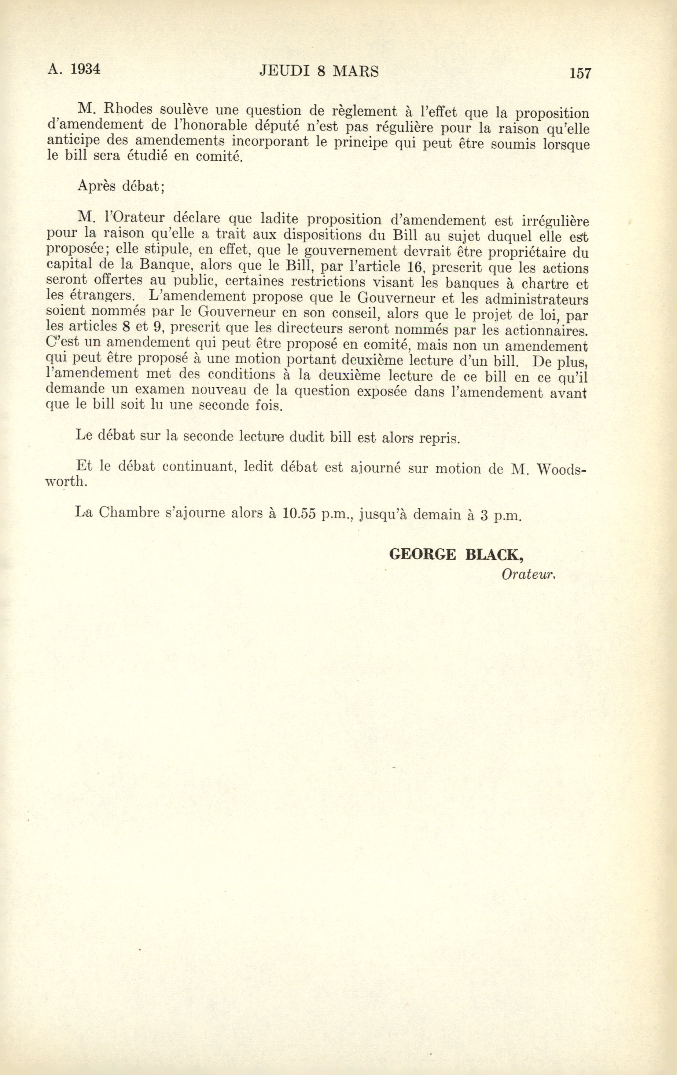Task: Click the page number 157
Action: [580, 73]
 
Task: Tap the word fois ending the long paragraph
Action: [269, 407]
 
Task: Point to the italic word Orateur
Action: [527, 575]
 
